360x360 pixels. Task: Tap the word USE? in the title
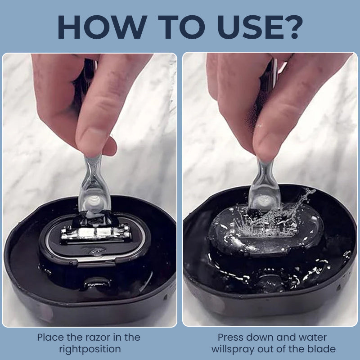click(261, 27)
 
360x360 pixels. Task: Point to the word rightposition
click(90, 349)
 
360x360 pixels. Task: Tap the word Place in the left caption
click(51, 337)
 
